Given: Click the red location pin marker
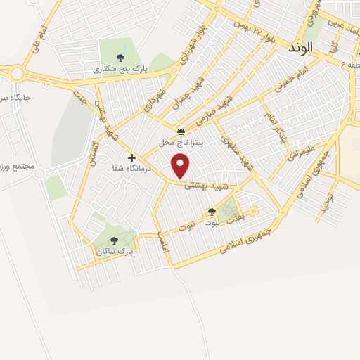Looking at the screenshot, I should (x=182, y=166).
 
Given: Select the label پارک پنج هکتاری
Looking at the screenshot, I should (x=120, y=70).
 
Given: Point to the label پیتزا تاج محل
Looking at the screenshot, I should (x=181, y=142).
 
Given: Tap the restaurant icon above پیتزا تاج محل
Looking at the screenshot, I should (x=181, y=131).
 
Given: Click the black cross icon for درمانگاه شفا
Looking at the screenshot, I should (x=131, y=157).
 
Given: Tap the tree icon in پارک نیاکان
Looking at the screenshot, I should (x=114, y=240).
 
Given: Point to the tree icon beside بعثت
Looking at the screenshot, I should (x=212, y=211).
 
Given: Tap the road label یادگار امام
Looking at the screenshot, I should (x=275, y=127).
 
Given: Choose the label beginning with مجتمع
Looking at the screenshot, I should (x=15, y=167).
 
